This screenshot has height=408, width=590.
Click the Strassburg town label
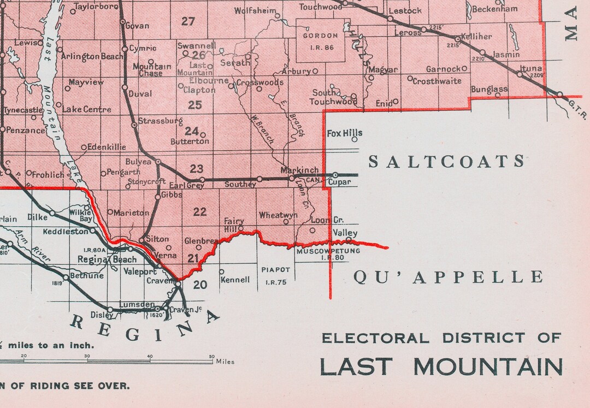[161, 121]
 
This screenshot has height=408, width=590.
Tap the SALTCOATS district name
[446, 162]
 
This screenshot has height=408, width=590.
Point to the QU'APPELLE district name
[448, 277]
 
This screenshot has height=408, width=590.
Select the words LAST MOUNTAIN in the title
[441, 366]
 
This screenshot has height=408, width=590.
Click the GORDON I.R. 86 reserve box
[323, 40]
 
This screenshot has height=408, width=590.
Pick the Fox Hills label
[344, 133]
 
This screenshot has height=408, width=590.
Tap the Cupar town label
[339, 182]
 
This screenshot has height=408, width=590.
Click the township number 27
[188, 21]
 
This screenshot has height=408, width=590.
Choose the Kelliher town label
[476, 37]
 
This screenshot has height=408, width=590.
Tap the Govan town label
[137, 26]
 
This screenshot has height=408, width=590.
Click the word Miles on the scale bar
[225, 362]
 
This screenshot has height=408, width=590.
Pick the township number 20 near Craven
[200, 285]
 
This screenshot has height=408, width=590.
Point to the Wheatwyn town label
[278, 215]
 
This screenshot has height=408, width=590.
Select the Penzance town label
[26, 131]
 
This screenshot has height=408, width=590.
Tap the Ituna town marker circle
[519, 74]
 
